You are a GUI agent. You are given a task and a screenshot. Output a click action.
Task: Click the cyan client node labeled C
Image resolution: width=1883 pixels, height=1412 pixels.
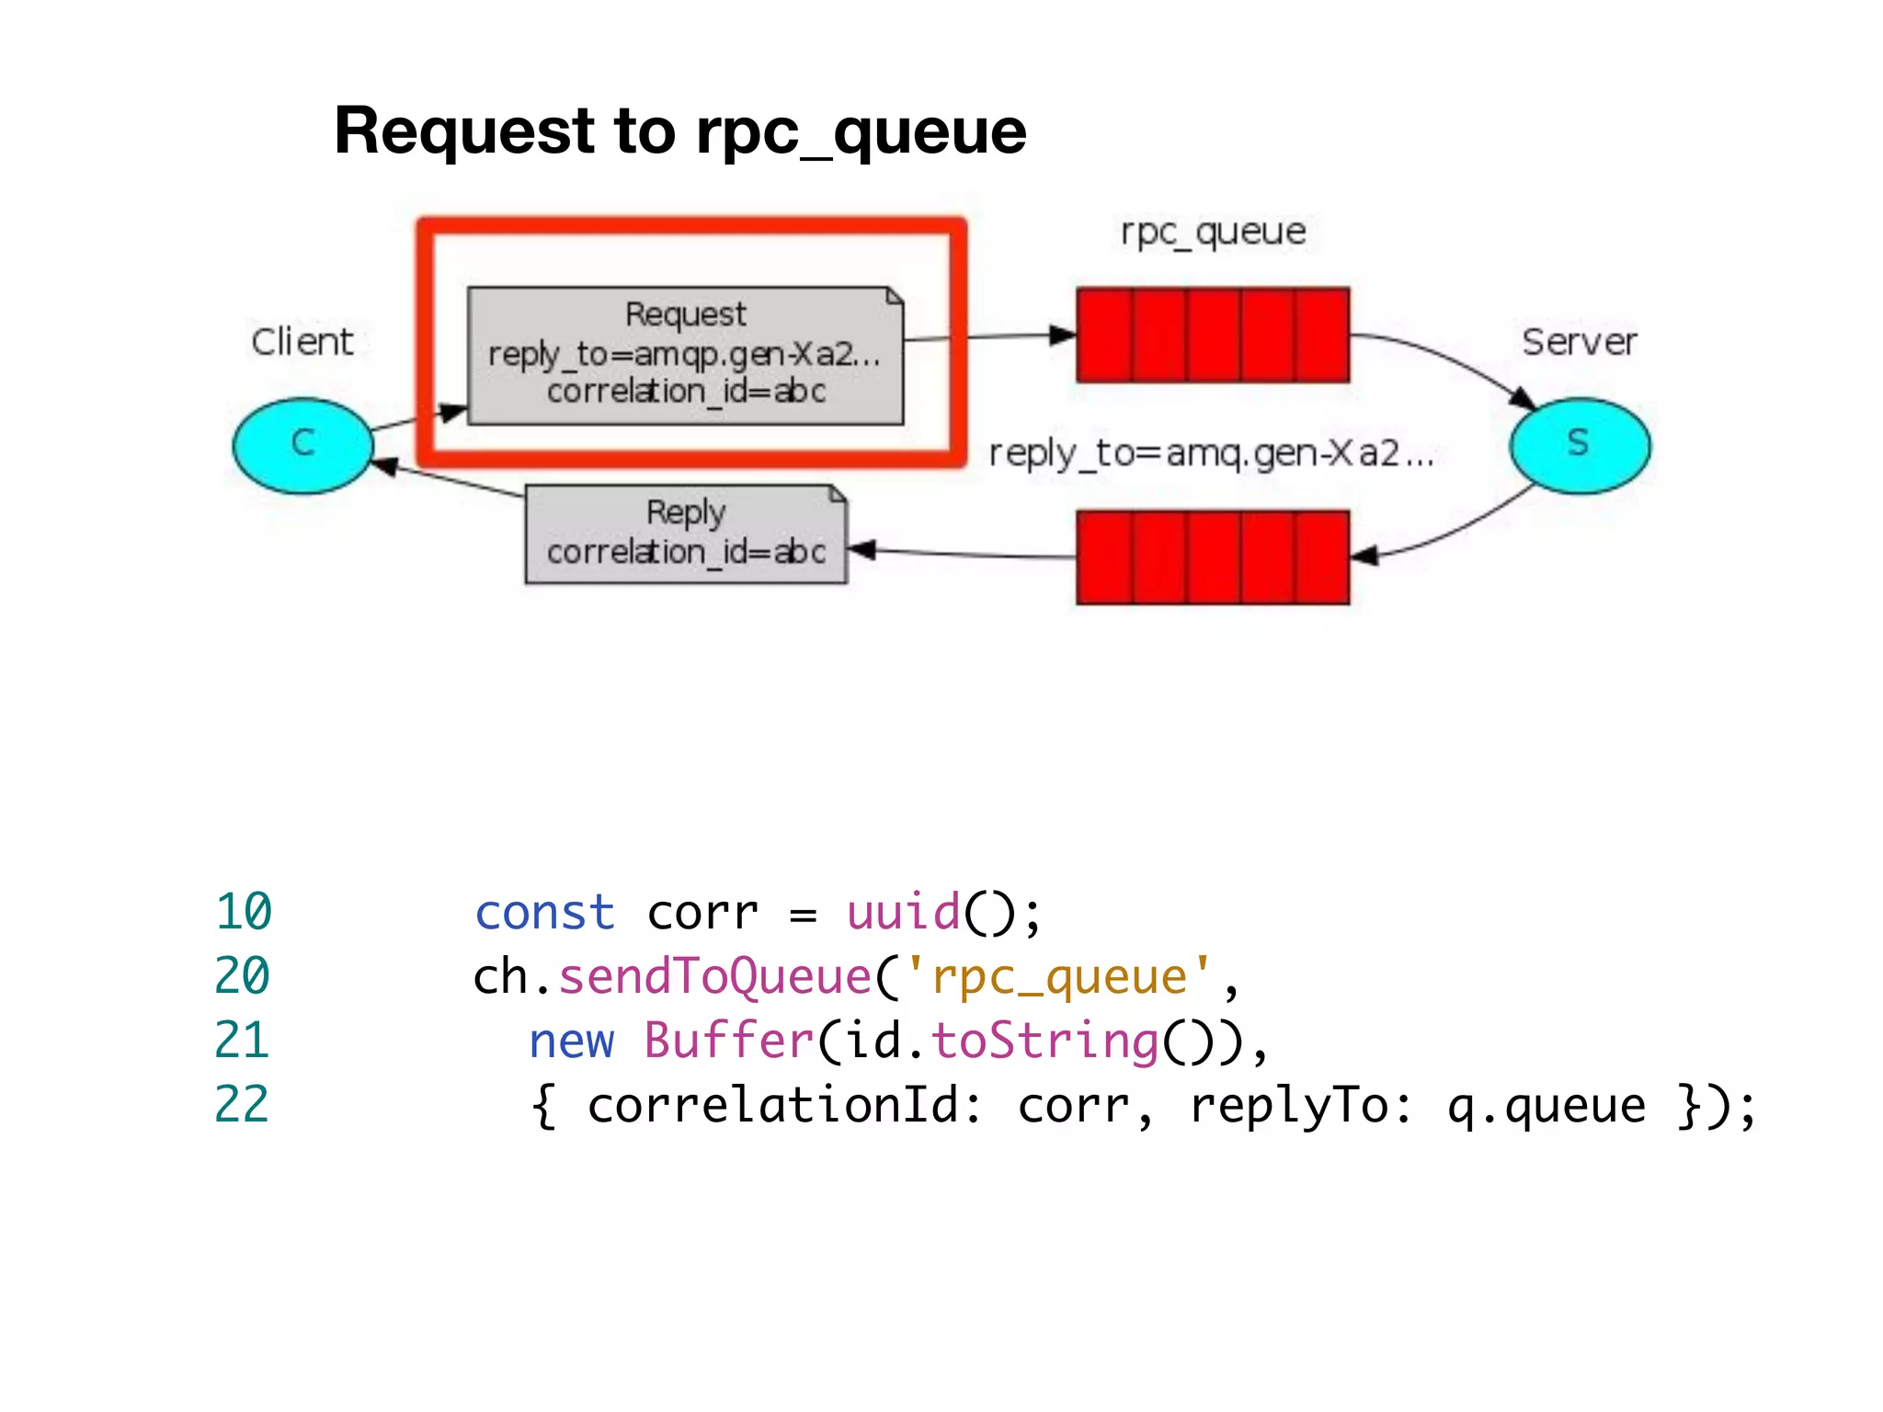302,445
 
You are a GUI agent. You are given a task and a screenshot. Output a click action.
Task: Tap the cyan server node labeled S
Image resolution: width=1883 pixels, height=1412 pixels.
1579,445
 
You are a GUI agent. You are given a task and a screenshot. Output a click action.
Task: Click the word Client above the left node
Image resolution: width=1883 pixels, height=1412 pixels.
302,342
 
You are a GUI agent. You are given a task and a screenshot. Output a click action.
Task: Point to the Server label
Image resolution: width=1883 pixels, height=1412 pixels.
1579,342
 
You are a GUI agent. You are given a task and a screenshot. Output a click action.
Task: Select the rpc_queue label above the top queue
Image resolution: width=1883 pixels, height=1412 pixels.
1213,232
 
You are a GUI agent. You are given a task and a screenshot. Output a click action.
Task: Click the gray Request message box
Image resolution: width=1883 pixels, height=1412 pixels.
685,355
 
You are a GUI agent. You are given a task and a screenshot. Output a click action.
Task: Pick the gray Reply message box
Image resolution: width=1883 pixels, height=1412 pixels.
685,534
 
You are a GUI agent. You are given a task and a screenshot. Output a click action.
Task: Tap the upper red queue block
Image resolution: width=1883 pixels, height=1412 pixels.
1213,335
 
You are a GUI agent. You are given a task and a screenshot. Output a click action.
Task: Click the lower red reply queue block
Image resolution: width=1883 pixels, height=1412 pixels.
1213,557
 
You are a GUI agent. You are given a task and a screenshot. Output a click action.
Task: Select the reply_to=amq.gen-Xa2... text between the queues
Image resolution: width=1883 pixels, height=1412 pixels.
1211,453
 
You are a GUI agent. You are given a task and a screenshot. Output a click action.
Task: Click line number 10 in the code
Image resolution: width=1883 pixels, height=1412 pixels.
244,912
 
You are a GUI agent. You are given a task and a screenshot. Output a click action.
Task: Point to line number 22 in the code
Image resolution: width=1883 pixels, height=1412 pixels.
242,1104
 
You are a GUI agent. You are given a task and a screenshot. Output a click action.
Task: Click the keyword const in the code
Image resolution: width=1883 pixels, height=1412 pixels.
544,913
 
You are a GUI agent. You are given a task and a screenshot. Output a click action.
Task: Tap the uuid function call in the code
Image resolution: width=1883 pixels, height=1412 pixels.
903,912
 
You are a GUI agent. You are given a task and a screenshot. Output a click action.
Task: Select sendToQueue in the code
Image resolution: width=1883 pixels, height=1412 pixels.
714,976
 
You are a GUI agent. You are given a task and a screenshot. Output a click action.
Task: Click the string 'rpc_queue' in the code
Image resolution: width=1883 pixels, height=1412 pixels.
1059,976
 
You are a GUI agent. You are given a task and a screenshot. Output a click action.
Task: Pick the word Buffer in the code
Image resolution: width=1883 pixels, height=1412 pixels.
729,1041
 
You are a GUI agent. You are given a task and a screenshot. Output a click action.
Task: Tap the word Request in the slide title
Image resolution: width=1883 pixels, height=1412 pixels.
465,131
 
